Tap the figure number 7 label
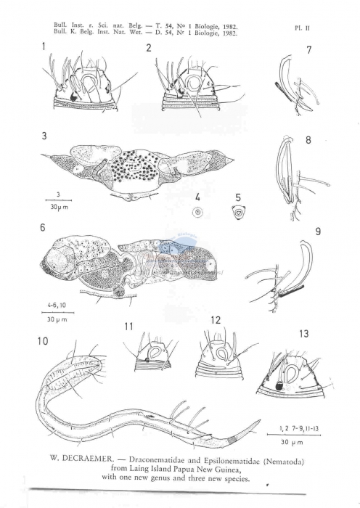(308, 50)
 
